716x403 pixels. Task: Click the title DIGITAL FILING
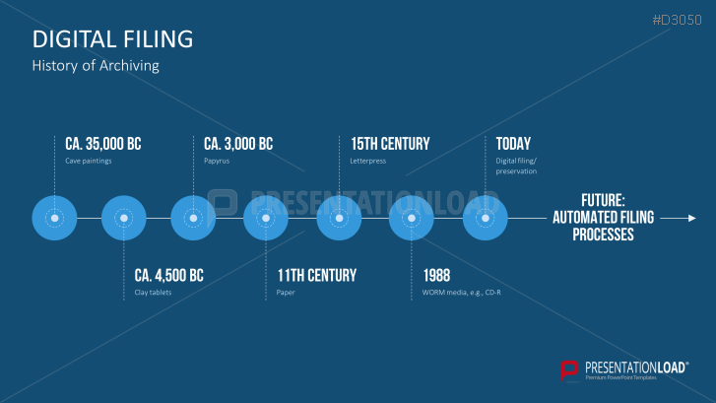[x=113, y=39]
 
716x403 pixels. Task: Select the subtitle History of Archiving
[x=96, y=66]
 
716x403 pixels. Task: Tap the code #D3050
[x=677, y=20]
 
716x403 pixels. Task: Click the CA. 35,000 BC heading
[x=103, y=144]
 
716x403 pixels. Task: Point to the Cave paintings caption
[x=88, y=161]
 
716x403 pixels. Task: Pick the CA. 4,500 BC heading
[x=169, y=276]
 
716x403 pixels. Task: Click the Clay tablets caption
[x=153, y=293]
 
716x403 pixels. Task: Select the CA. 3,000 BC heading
[x=238, y=144]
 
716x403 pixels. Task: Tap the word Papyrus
[x=217, y=161]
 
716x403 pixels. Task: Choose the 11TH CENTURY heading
[x=317, y=276]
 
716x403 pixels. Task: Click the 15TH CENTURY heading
[x=390, y=144]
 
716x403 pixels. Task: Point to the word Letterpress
[x=368, y=161]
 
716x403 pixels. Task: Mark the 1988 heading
[x=436, y=276]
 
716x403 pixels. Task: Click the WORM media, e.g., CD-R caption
[x=461, y=293]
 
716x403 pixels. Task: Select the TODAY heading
[x=513, y=144]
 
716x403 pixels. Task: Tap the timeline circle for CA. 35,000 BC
[x=54, y=218]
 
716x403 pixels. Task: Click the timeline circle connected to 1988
[x=411, y=218]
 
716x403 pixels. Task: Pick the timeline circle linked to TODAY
[x=485, y=218]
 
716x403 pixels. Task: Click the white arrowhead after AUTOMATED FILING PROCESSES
[x=692, y=219]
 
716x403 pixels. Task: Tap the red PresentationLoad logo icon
[x=569, y=370]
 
